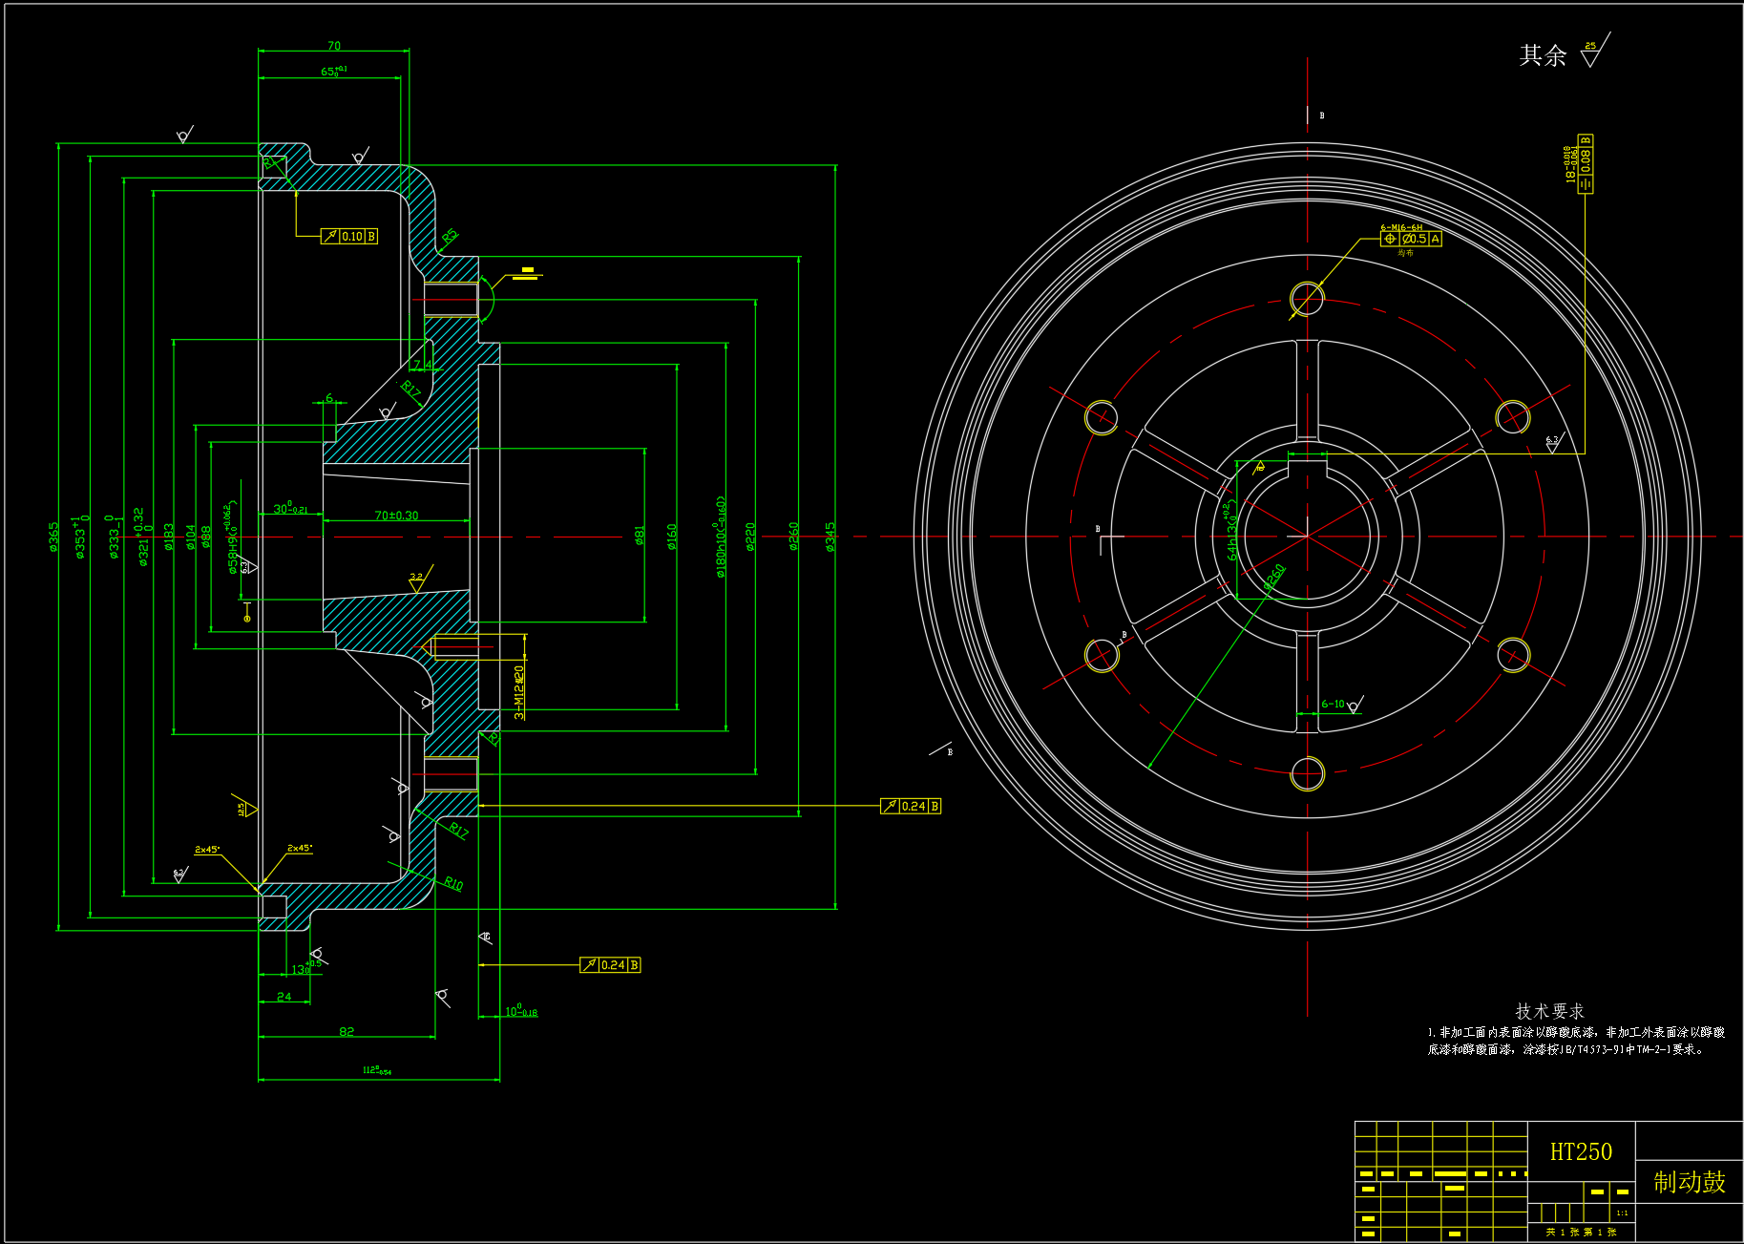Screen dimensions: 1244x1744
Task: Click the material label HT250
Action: (1580, 1152)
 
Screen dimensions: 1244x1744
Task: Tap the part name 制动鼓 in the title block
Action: (1689, 1182)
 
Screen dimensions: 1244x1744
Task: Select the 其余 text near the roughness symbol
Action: (1543, 55)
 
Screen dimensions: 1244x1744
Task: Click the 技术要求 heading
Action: (1549, 1011)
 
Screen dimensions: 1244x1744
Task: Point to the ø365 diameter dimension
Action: (53, 536)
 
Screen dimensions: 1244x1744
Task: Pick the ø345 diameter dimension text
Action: (830, 536)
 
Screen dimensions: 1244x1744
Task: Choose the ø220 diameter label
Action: (750, 536)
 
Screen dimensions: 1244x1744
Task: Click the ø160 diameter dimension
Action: (672, 536)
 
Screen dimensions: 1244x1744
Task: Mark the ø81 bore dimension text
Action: (640, 536)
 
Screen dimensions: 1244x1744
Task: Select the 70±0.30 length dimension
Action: (396, 516)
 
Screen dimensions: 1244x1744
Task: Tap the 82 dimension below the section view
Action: (347, 1031)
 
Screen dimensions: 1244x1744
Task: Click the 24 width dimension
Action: (284, 996)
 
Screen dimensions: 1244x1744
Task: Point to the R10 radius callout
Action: (453, 883)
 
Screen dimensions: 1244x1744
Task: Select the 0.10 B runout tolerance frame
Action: (349, 236)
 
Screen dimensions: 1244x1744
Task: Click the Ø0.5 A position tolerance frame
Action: (1411, 239)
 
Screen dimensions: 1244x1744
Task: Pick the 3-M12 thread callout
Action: (518, 692)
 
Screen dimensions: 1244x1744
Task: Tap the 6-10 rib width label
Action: (1333, 704)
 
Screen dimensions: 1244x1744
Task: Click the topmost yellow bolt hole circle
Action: (1307, 298)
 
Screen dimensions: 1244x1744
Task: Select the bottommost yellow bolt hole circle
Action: (1307, 773)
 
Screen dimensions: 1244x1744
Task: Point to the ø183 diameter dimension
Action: (169, 536)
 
